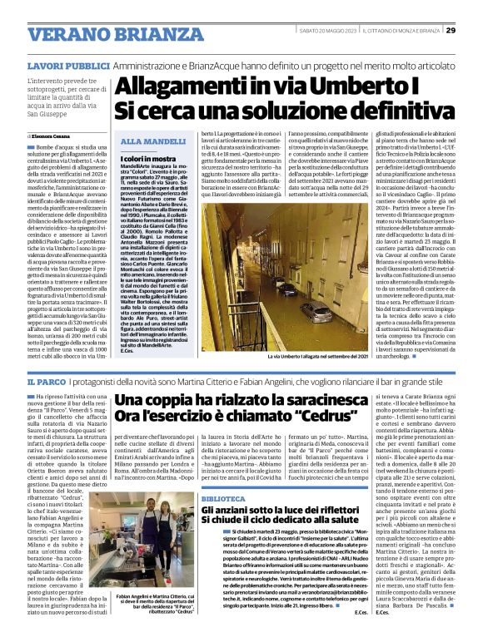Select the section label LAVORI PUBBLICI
click(56, 64)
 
